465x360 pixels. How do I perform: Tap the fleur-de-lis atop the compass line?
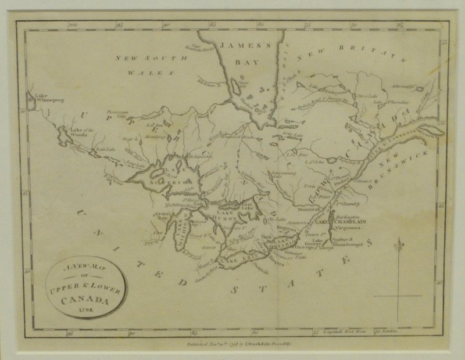(x=398, y=247)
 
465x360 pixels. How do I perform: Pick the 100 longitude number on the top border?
(x=73, y=26)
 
